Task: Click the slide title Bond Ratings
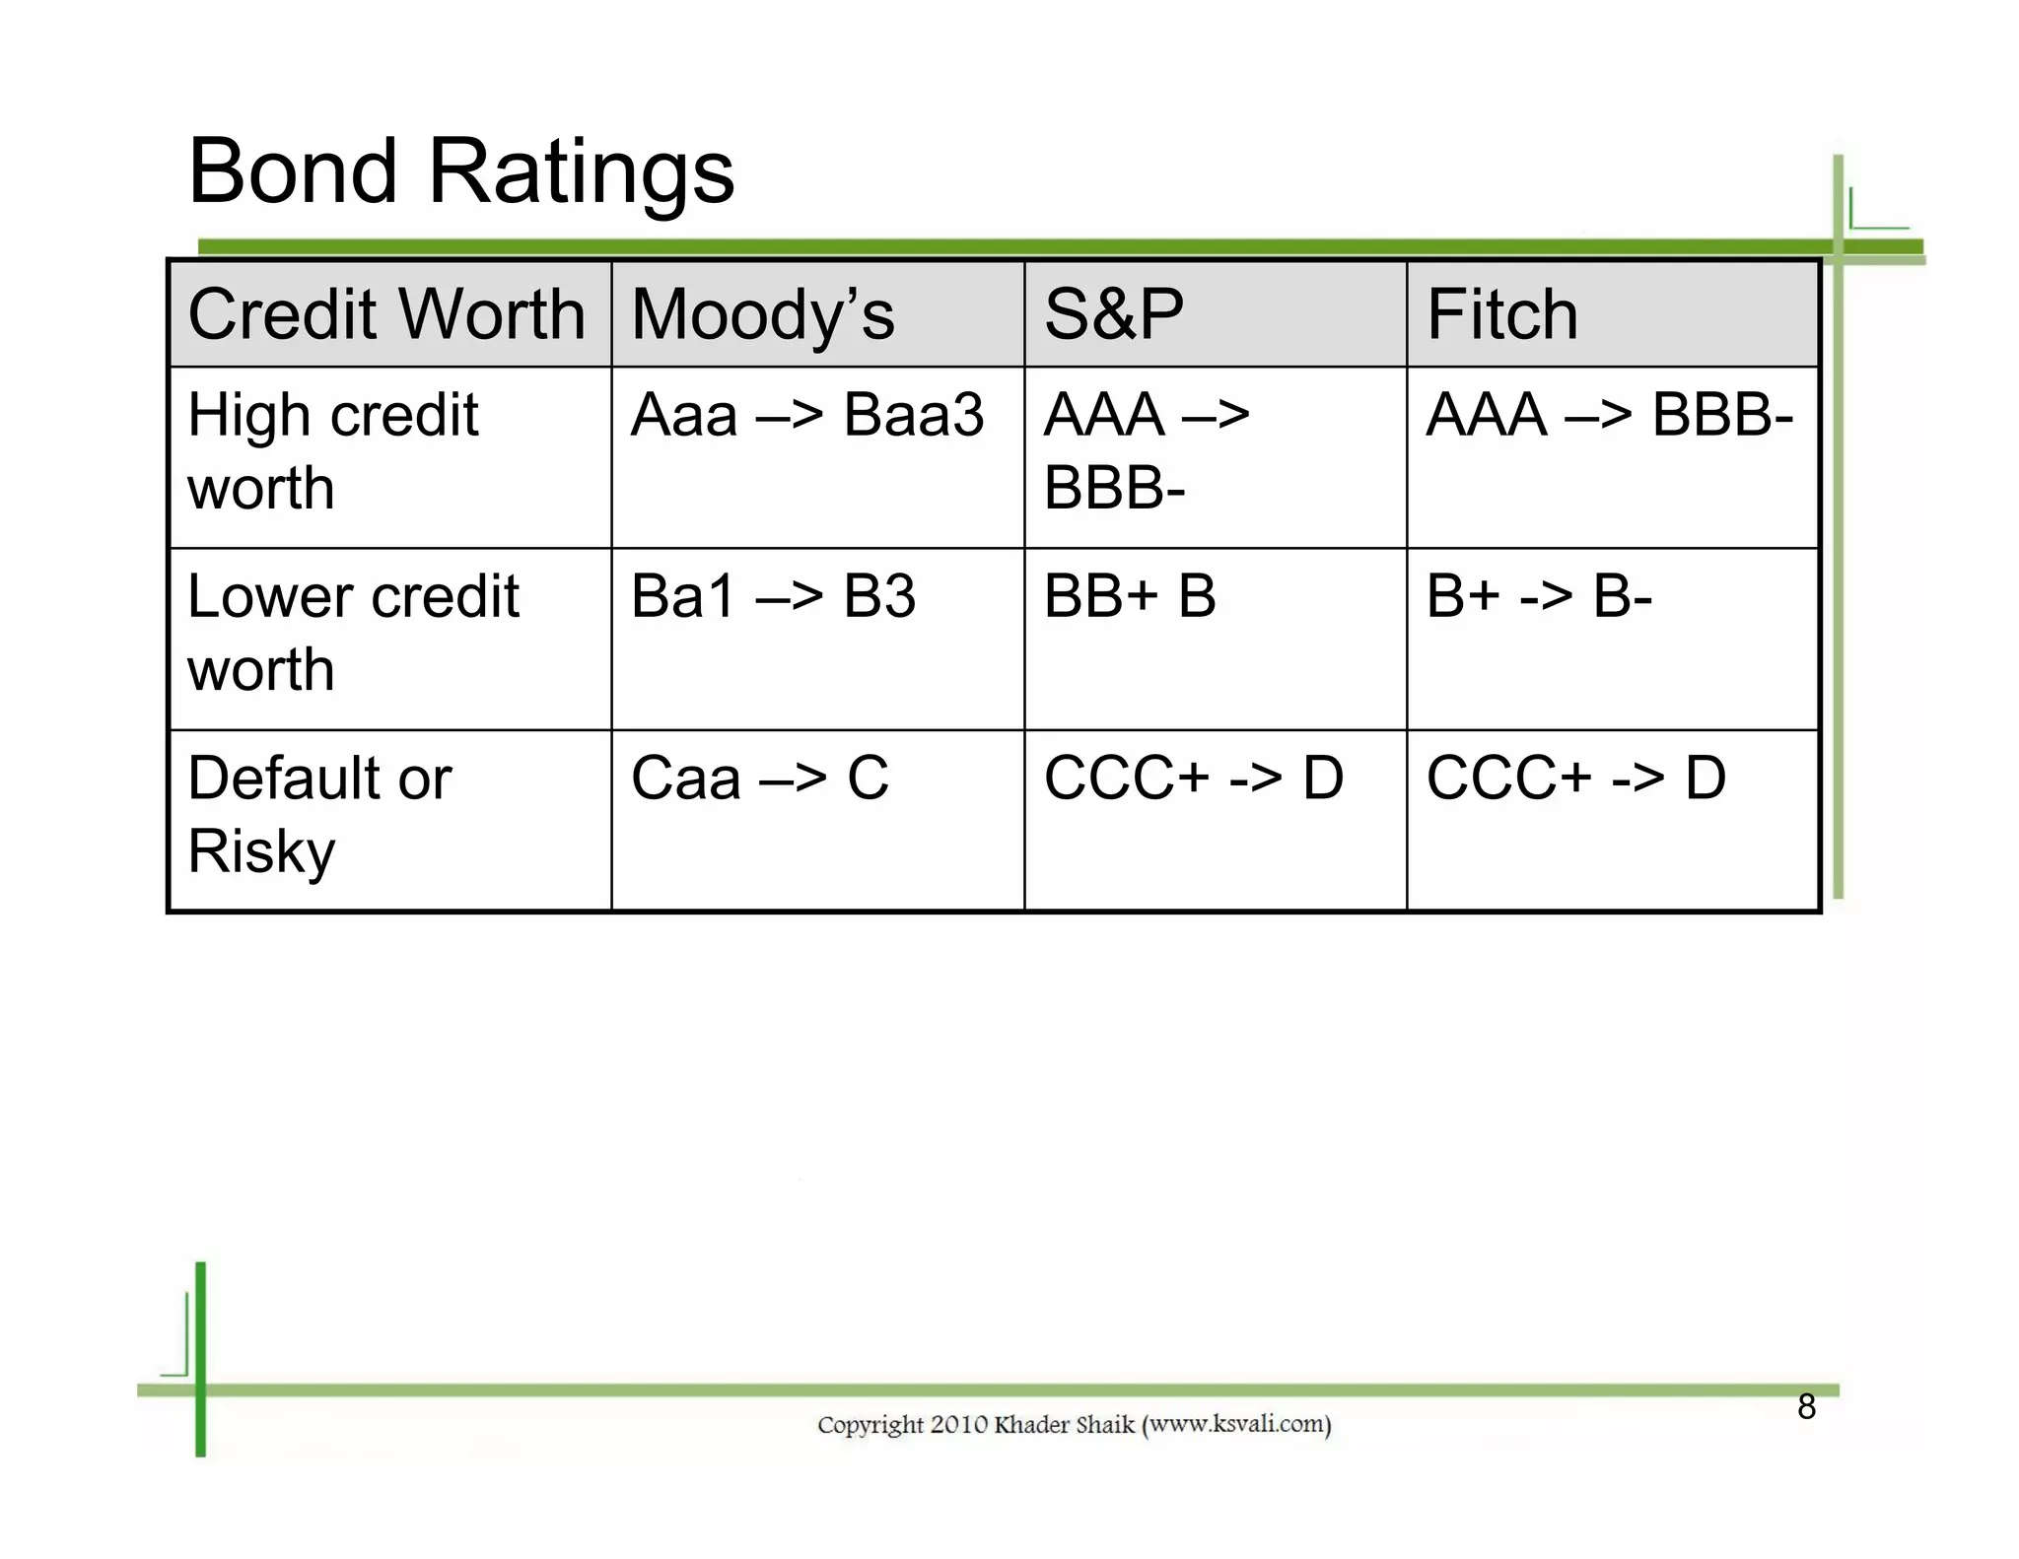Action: (460, 171)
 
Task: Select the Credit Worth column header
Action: (386, 314)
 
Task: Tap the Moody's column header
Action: (762, 314)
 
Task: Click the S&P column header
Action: (1113, 314)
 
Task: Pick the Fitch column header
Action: (1501, 314)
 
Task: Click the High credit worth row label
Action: (332, 450)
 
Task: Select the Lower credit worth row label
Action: (352, 633)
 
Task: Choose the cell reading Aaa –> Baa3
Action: (806, 415)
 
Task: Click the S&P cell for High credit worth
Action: (1146, 450)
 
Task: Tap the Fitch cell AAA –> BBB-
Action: (1609, 415)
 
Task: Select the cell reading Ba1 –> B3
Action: (773, 596)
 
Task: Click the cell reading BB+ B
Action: (1130, 596)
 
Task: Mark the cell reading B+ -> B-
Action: (1538, 596)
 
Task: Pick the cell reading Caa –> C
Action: (759, 778)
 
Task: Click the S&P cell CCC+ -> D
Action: (1193, 778)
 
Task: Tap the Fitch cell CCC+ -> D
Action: (1575, 778)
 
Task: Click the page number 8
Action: (1806, 1406)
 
